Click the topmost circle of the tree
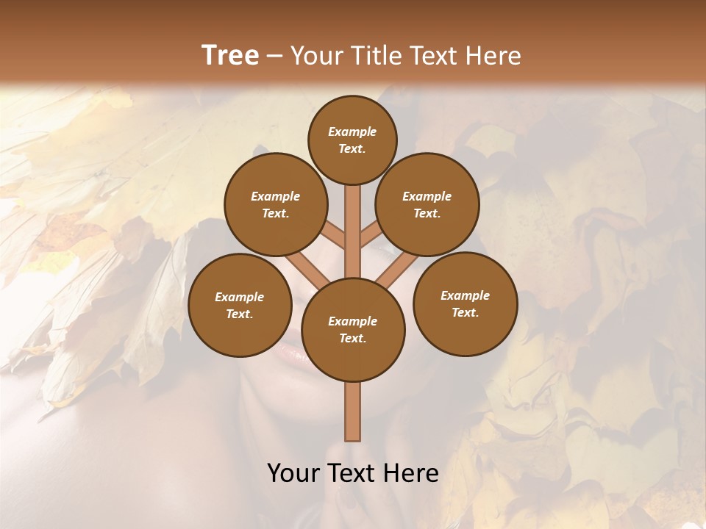[352, 140]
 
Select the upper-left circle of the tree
[275, 204]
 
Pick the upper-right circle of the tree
[427, 204]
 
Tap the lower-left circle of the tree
[240, 305]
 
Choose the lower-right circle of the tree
[465, 303]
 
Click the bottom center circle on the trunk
[353, 329]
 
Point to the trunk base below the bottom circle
[353, 411]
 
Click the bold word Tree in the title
[230, 56]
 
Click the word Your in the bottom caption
[292, 473]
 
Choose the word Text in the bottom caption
[353, 473]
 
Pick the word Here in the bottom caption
[413, 473]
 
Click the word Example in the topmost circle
[352, 132]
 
